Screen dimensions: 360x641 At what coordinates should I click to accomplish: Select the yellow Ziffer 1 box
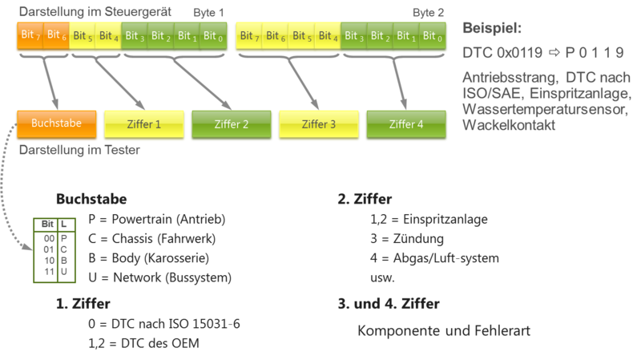tap(144, 124)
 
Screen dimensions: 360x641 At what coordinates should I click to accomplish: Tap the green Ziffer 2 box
tap(232, 124)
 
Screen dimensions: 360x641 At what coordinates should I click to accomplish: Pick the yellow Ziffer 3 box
tap(318, 124)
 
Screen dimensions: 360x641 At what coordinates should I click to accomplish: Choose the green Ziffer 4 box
tap(405, 124)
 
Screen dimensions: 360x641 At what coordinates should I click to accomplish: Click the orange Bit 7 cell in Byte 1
tap(29, 36)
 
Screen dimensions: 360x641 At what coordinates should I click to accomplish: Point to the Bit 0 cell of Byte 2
tap(430, 36)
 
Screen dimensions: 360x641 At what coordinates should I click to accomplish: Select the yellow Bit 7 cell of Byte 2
tap(248, 36)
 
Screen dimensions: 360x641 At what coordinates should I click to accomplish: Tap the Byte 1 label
tap(210, 14)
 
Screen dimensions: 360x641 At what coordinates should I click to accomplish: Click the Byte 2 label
tap(429, 14)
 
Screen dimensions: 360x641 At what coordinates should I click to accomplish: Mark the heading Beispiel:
tap(492, 29)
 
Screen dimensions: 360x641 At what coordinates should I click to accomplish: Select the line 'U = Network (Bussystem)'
tap(160, 278)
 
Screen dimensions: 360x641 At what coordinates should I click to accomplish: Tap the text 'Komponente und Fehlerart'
tap(444, 330)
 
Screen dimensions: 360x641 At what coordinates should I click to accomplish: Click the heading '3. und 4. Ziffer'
tap(389, 305)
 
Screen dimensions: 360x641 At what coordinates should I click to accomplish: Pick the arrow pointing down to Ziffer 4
tap(401, 80)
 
